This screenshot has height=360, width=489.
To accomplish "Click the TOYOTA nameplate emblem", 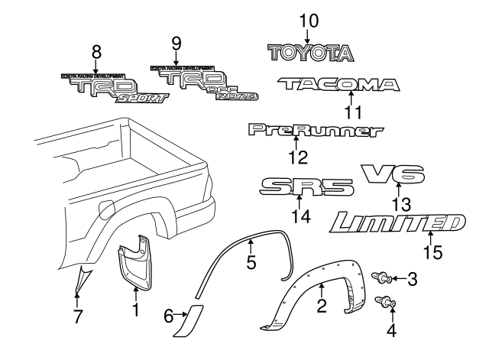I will (x=310, y=52).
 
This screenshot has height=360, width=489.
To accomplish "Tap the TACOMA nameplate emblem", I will (x=338, y=84).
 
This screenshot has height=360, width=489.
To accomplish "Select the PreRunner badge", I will (x=315, y=131).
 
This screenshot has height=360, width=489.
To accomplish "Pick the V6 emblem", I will (x=393, y=176).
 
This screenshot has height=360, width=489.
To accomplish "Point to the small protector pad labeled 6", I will (x=189, y=320).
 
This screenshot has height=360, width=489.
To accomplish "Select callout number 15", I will (x=432, y=251).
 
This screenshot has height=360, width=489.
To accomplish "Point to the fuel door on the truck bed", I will (x=107, y=207).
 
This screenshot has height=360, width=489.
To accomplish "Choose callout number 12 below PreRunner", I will (x=297, y=157).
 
